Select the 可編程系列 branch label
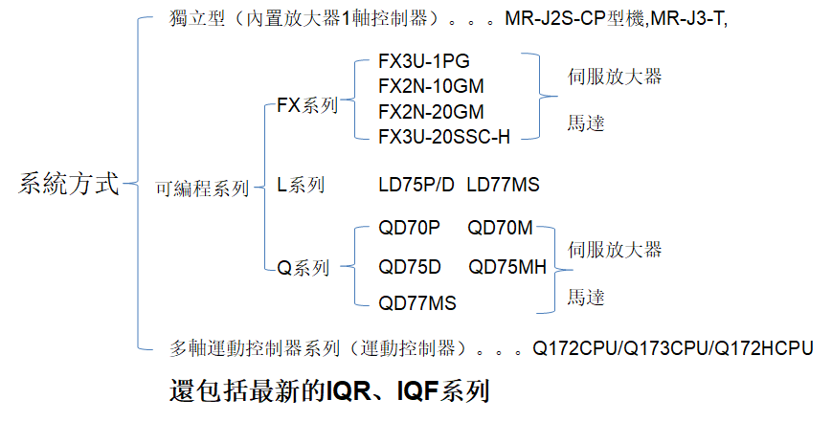pyautogui.click(x=202, y=189)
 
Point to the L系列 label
pyautogui.click(x=301, y=185)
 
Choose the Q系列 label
pyautogui.click(x=304, y=268)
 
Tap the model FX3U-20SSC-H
pyautogui.click(x=444, y=136)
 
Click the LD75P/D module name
pyautogui.click(x=416, y=185)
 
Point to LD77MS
pyautogui.click(x=503, y=185)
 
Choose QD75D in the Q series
pyautogui.click(x=410, y=266)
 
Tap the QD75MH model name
pyautogui.click(x=507, y=266)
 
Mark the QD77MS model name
pyautogui.click(x=417, y=303)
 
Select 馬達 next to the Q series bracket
pyautogui.click(x=586, y=298)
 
